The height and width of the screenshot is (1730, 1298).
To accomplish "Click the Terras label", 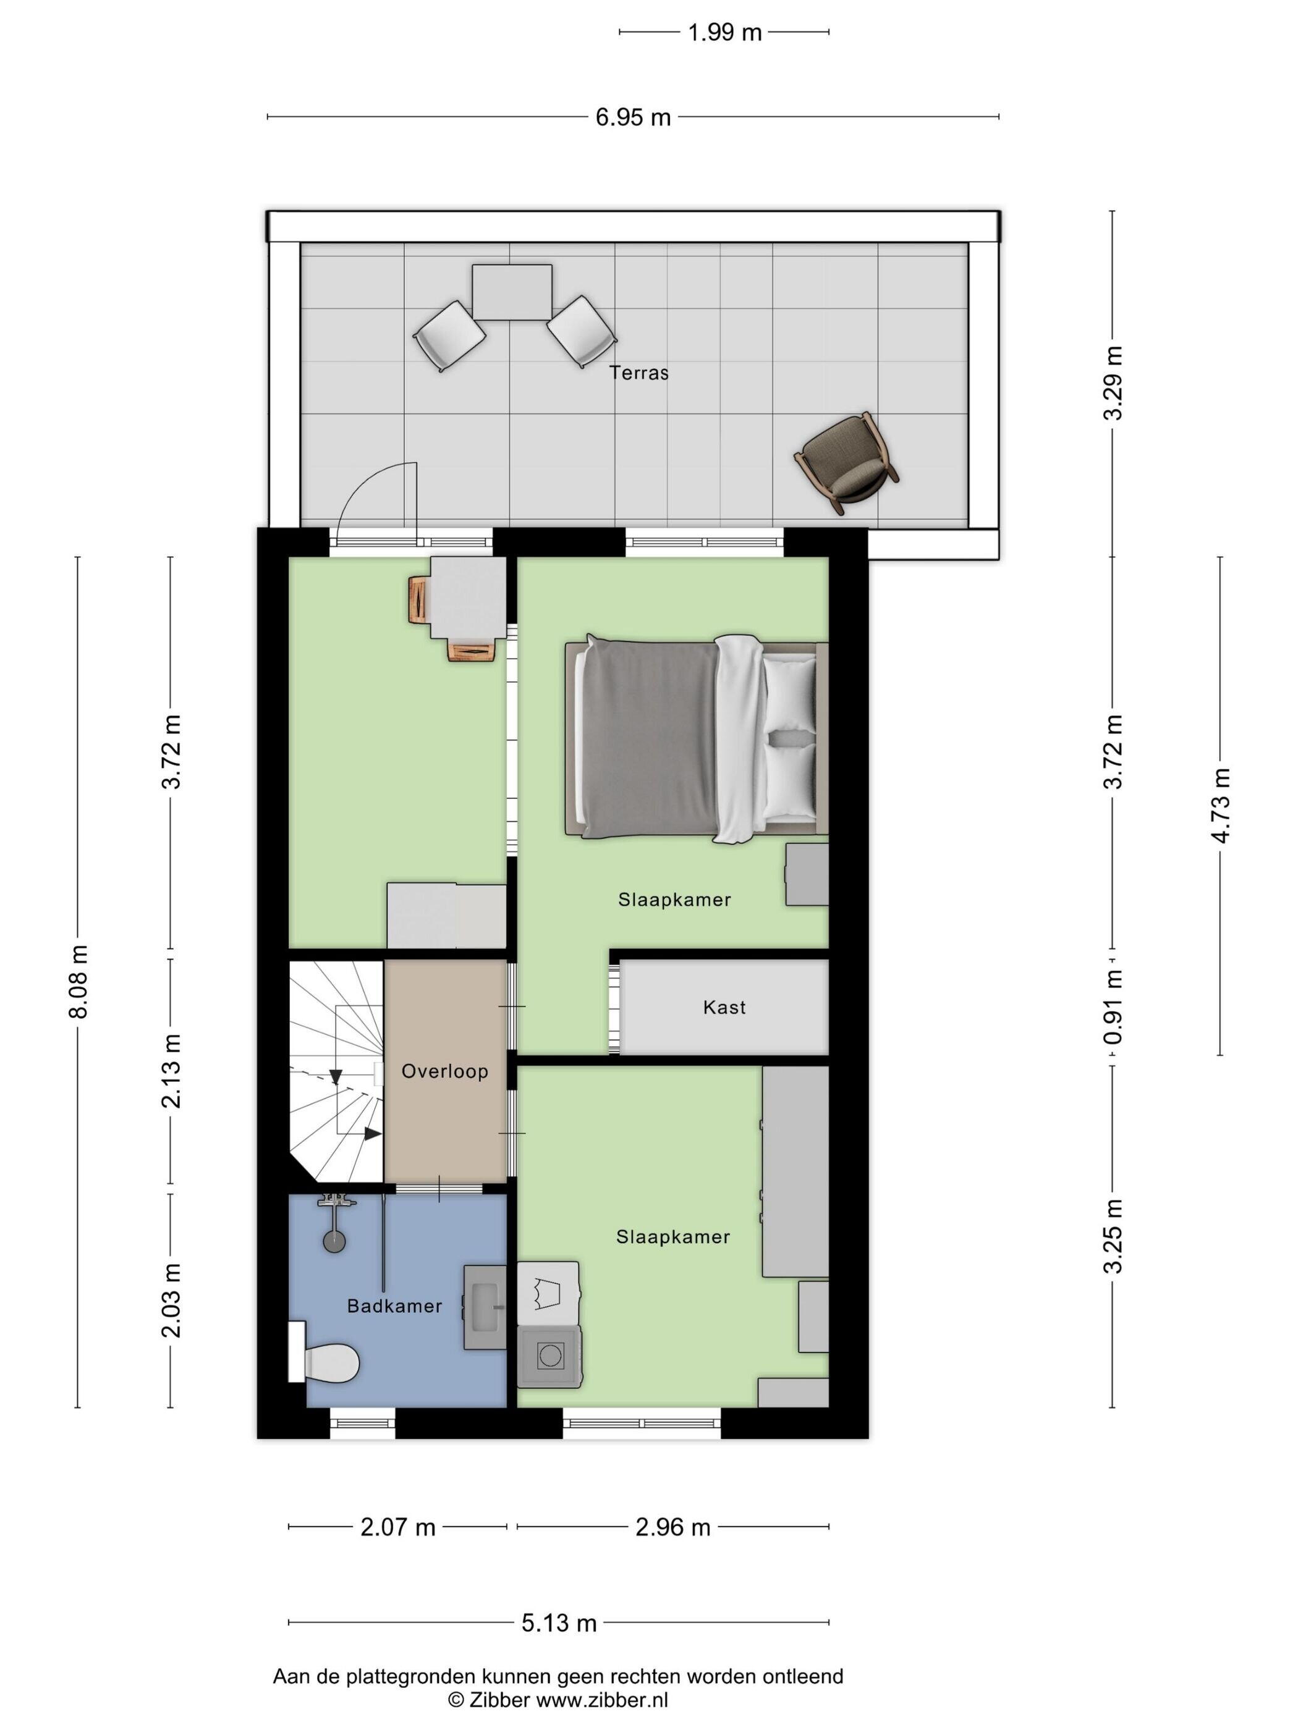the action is coord(638,373).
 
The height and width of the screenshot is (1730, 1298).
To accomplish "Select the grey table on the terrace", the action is coord(512,292).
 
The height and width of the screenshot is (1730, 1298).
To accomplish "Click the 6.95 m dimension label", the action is coord(633,117).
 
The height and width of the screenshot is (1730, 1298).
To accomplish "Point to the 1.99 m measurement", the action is coord(724,33).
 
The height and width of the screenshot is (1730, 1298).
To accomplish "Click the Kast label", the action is coord(724,1007).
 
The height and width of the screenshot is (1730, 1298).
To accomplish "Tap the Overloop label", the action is coord(444,1071).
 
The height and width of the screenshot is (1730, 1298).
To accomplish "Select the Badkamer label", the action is coord(394,1306).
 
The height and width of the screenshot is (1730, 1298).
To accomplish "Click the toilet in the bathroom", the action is coord(324,1362).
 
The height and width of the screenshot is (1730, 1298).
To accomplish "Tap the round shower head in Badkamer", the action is coord(334,1241).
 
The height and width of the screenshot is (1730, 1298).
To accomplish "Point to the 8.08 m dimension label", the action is coord(78,982).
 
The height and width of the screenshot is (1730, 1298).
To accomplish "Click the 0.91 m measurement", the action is coord(1113,1006).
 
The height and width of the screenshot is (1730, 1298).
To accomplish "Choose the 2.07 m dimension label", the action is coord(397,1527).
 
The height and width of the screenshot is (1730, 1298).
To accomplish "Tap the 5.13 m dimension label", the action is coord(559,1623).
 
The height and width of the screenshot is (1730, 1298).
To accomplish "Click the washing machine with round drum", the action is coord(549,1357).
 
